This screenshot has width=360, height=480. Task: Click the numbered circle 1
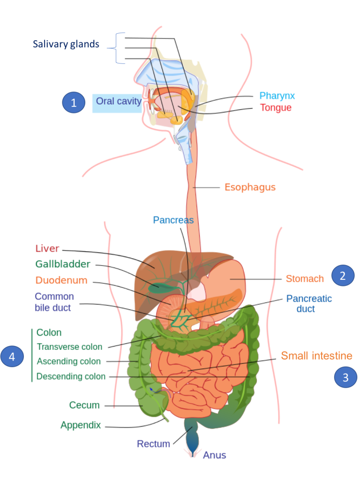click(x=74, y=103)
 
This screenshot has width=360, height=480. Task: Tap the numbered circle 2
click(x=343, y=276)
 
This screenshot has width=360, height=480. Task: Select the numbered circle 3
click(x=345, y=377)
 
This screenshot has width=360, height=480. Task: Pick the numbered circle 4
click(x=12, y=357)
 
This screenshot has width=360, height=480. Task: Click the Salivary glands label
click(x=66, y=45)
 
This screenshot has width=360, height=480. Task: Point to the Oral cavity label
click(x=118, y=101)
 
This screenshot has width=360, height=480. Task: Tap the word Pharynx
click(x=277, y=96)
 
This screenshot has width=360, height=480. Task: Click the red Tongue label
click(x=276, y=108)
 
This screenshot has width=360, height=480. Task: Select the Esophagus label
click(x=250, y=187)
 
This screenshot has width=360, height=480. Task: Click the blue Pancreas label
click(x=173, y=220)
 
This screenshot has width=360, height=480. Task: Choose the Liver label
click(x=47, y=248)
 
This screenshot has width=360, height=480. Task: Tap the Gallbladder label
click(x=63, y=264)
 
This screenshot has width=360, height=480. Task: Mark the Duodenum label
click(x=61, y=280)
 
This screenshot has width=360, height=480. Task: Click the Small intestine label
click(x=316, y=356)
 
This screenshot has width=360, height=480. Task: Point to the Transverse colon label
click(x=69, y=347)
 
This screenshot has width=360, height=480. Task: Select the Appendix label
click(x=80, y=425)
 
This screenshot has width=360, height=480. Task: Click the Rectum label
click(x=153, y=443)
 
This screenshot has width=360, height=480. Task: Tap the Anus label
click(x=214, y=455)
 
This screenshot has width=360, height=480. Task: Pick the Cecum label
click(x=84, y=405)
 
